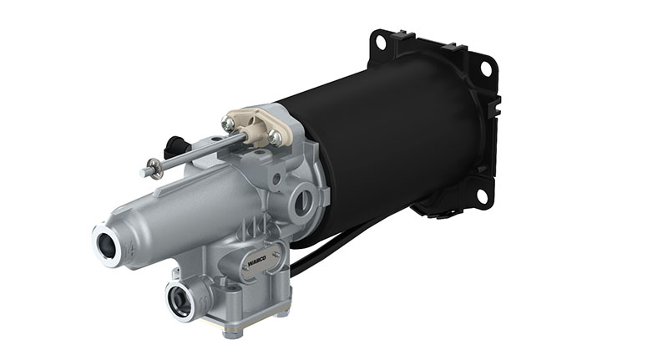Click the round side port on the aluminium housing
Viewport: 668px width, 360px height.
[304, 201]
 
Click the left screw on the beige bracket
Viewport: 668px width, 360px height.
[228, 123]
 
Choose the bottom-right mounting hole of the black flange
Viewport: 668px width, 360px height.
[481, 198]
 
